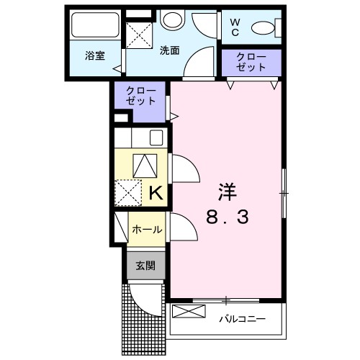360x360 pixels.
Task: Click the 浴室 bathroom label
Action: click(93, 55)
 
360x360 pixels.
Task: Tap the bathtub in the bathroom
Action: click(94, 27)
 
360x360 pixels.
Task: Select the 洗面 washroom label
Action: click(170, 51)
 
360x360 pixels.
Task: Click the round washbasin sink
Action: click(171, 20)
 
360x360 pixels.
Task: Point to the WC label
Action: click(235, 27)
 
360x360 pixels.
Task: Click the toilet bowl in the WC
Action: click(264, 28)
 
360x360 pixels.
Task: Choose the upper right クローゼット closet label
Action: click(251, 62)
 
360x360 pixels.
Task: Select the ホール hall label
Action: click(146, 230)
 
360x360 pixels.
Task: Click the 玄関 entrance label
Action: click(146, 266)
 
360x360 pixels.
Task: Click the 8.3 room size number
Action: click(228, 216)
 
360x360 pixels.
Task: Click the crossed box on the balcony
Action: click(189, 313)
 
